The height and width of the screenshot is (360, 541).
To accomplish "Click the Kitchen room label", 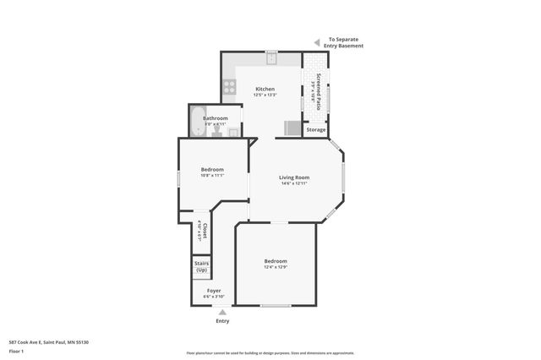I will coord(265,89).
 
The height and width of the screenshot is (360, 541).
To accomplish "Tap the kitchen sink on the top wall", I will coord(271,58).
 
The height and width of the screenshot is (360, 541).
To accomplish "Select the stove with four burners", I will coord(227,85).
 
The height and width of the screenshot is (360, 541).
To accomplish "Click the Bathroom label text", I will coord(215,118).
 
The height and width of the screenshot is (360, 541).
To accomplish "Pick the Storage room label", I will coord(315,129).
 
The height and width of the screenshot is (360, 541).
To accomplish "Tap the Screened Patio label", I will coord(319,89).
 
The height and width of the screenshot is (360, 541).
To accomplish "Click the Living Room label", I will coord(294,177).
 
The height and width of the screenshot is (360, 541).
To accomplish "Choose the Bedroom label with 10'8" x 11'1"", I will coord(211,169).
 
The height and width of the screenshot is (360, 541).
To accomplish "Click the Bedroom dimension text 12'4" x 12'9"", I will coord(276,267).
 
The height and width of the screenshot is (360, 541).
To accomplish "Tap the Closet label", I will coord(204,230).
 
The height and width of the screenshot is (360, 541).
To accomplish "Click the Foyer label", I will coord(214,290).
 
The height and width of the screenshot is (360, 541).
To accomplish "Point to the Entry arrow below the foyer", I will coord(222,312).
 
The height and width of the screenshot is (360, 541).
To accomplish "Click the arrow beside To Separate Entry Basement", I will coord(317,41).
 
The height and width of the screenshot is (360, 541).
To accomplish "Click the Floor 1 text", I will coord(17,350).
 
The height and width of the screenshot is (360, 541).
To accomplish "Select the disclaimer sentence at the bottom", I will coord(270,353).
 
